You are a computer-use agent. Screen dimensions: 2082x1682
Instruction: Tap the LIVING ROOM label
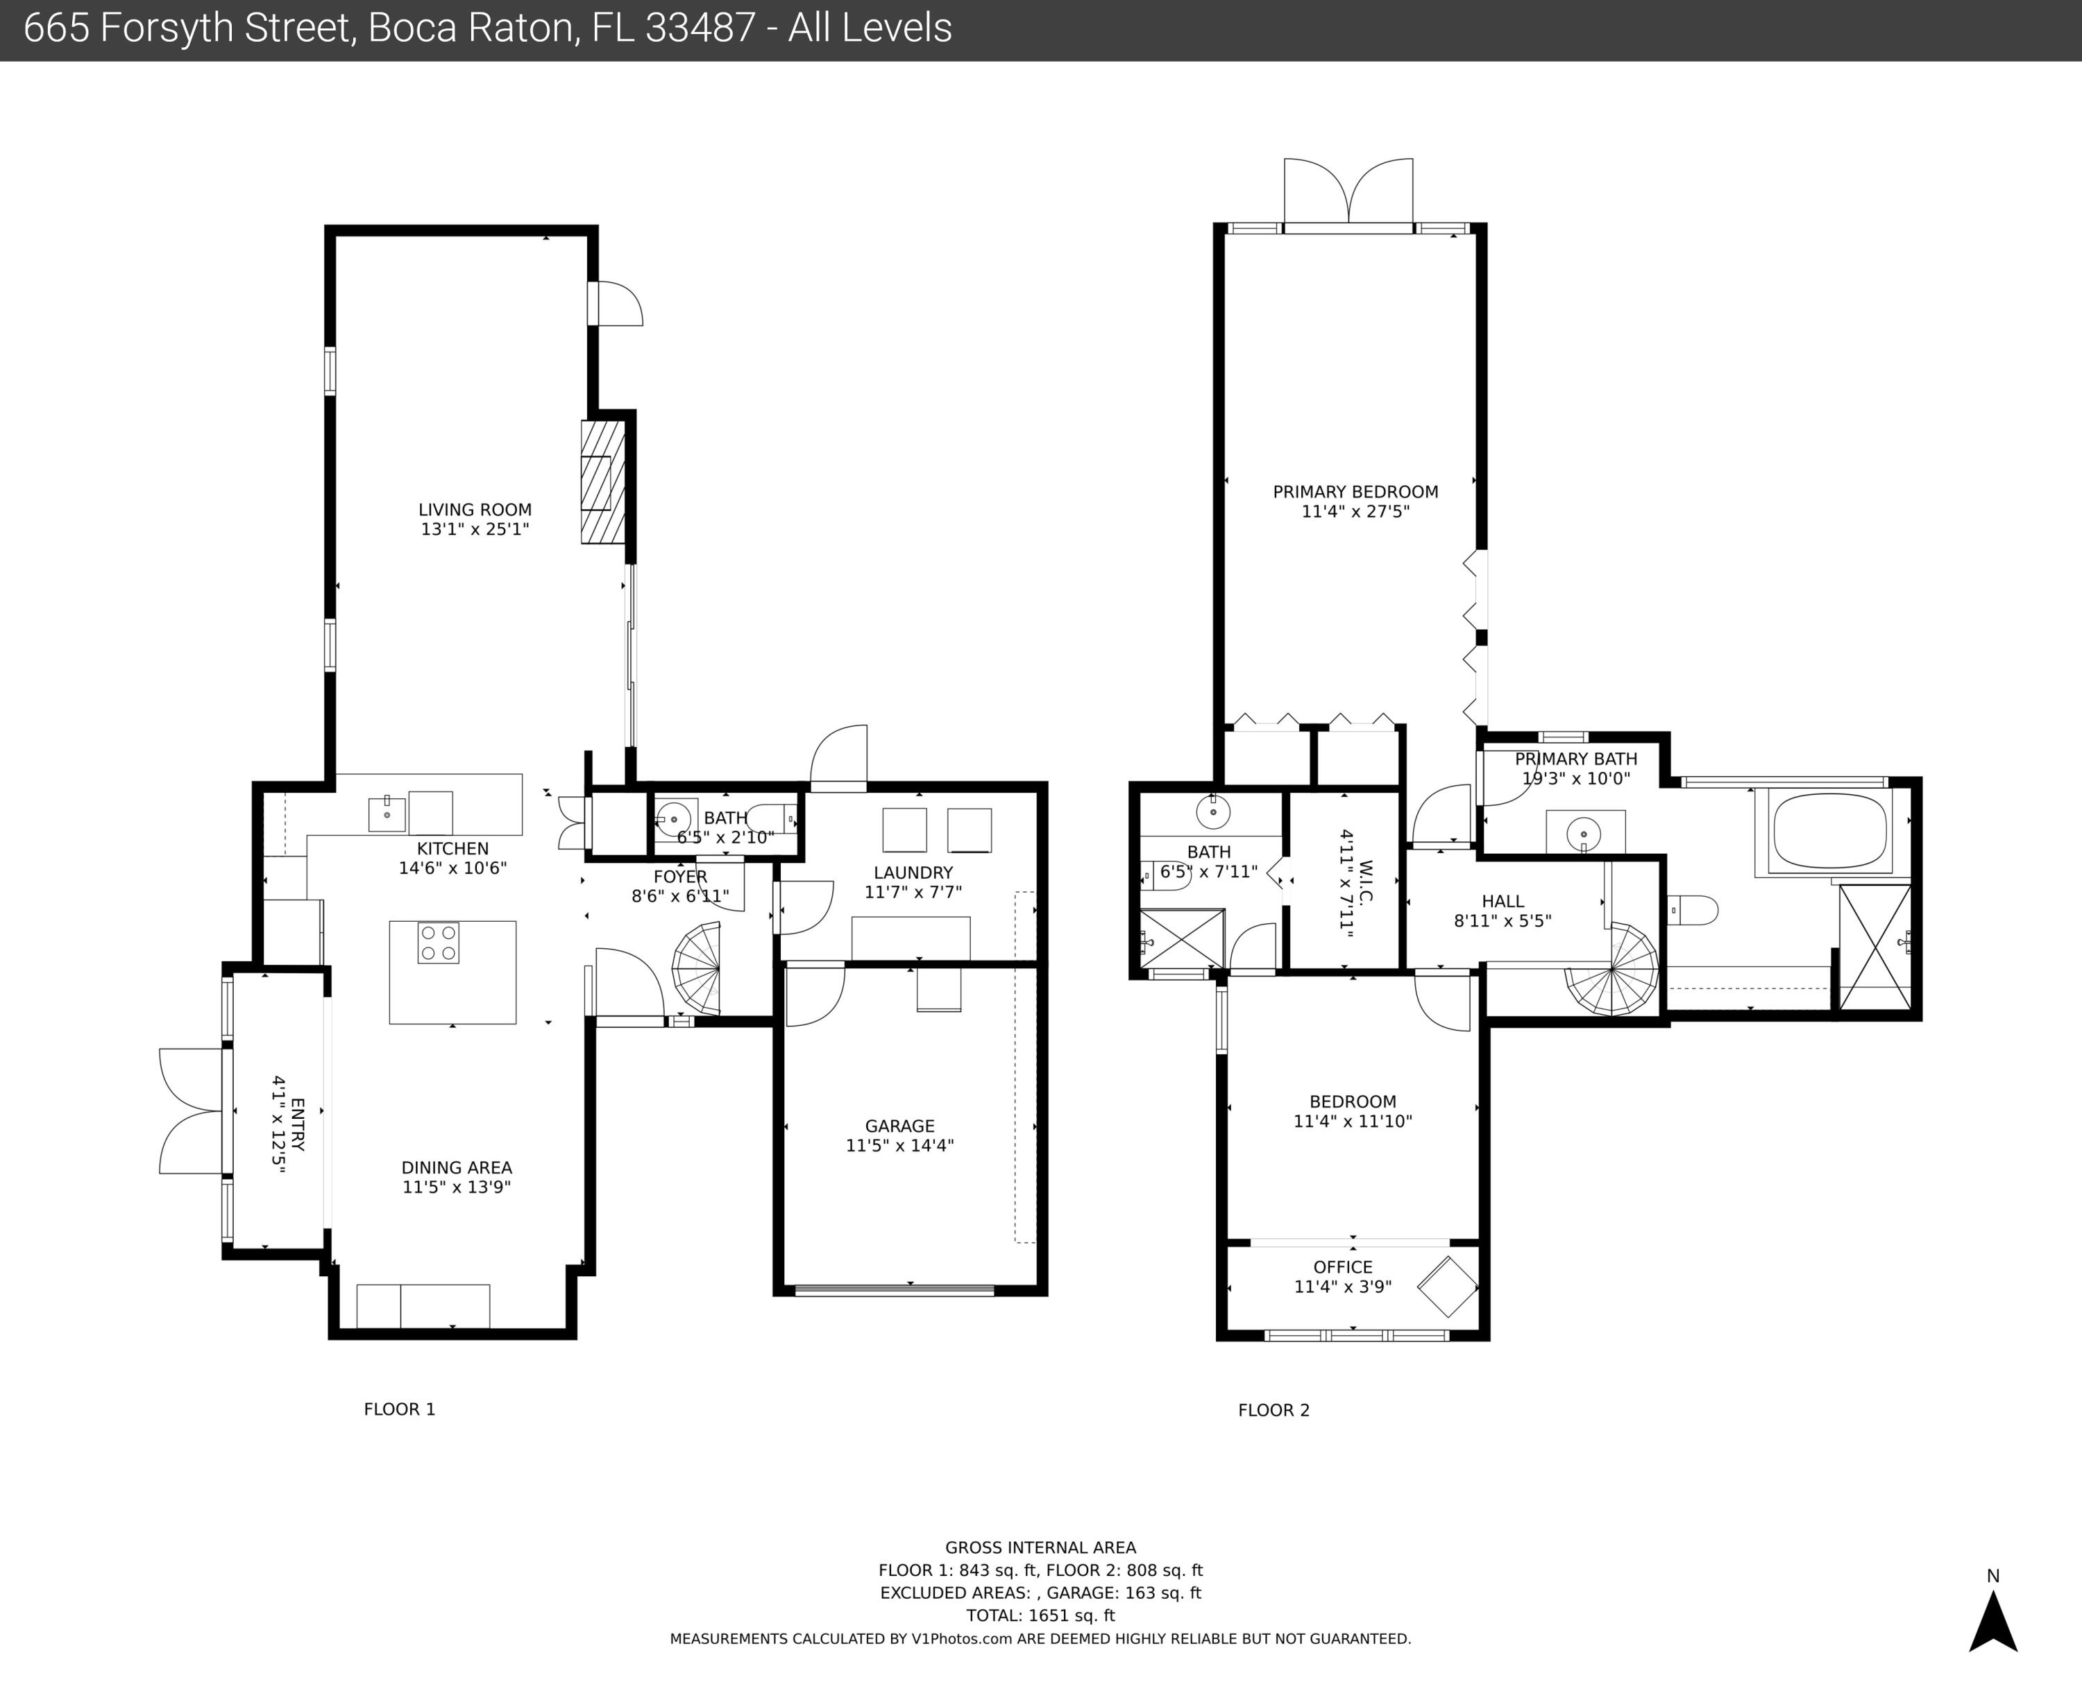475,510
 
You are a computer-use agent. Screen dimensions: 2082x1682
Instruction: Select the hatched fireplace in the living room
603,481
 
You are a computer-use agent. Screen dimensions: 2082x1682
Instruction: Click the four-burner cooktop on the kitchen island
438,943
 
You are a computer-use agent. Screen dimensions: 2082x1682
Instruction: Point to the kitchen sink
387,814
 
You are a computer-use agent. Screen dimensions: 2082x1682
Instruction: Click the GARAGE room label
899,1126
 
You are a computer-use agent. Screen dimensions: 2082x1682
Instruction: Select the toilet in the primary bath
1693,911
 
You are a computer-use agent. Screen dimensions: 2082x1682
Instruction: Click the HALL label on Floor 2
1503,901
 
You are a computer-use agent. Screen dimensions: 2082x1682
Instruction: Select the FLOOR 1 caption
399,1409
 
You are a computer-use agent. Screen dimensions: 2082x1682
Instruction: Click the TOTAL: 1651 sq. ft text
1040,1615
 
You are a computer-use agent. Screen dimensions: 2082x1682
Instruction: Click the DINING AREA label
457,1167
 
